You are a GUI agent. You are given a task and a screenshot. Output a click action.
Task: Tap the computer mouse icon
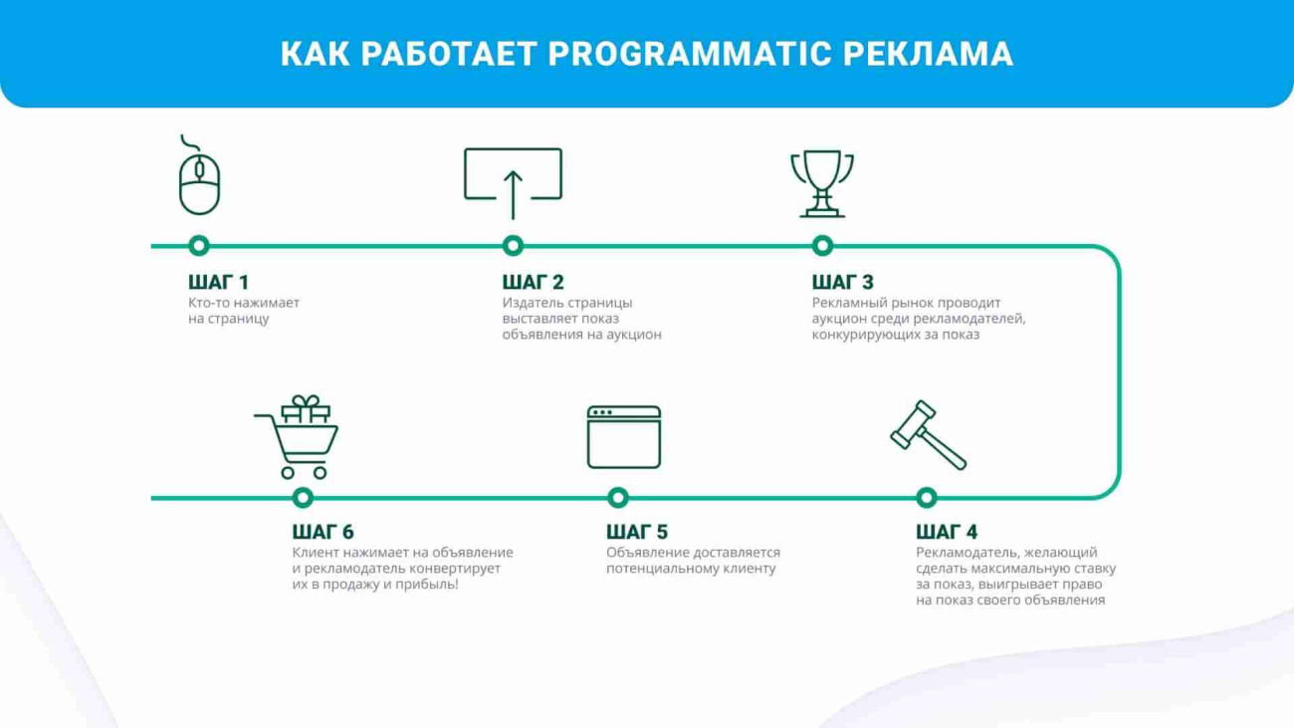(x=199, y=183)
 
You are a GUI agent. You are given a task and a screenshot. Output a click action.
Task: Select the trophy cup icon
(x=822, y=183)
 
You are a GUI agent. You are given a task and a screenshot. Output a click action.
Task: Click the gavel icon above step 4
(x=927, y=434)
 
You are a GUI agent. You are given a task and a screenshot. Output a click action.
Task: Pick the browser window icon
(x=624, y=437)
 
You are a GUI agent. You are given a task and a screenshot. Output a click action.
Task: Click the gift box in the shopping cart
(x=306, y=409)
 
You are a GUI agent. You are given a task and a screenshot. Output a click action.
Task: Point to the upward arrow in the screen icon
(x=513, y=195)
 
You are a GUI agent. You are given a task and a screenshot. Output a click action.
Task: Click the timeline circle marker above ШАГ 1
(x=199, y=246)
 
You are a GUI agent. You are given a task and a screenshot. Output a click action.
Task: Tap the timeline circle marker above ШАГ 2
(x=513, y=246)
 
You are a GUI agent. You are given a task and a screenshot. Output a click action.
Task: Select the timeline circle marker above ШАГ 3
(x=822, y=246)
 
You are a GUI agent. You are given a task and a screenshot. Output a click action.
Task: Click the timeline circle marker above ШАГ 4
(x=927, y=498)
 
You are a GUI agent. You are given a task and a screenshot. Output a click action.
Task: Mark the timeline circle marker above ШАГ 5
(x=618, y=498)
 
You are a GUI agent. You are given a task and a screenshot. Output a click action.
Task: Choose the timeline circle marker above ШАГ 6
(x=303, y=498)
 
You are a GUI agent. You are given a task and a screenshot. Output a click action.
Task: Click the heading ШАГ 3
(x=843, y=282)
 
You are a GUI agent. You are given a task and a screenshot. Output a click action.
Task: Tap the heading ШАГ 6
(x=323, y=532)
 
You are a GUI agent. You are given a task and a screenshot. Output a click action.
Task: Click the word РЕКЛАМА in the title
(x=928, y=54)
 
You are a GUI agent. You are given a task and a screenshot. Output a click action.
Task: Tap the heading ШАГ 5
(x=637, y=532)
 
